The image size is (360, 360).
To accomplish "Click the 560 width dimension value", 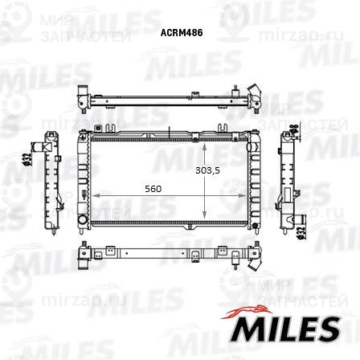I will [153, 189].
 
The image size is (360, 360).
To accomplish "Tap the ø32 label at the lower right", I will [300, 231].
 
